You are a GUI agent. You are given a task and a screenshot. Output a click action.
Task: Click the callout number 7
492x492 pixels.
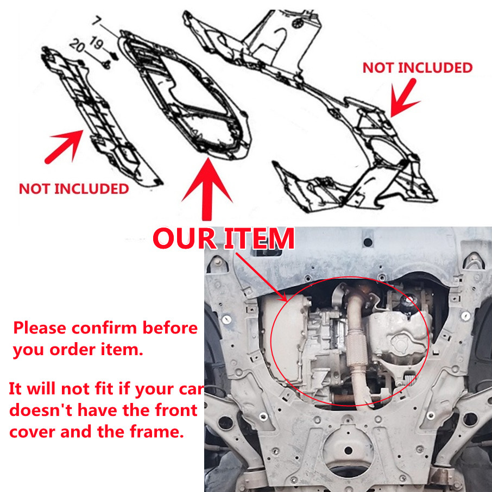tap(97, 21)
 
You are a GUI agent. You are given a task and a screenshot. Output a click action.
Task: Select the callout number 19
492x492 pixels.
tap(96, 43)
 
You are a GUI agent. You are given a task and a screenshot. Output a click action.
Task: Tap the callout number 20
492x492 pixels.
tap(77, 46)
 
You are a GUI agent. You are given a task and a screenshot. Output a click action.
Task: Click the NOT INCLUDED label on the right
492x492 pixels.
tap(417, 68)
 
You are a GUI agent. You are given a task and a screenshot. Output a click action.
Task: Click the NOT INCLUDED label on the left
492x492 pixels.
tap(74, 189)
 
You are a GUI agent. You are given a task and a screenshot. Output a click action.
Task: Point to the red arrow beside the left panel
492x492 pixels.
tap(64, 147)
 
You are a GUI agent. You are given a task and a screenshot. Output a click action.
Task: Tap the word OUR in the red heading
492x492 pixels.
tap(185, 238)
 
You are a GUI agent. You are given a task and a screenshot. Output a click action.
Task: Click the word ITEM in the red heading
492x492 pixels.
tap(259, 238)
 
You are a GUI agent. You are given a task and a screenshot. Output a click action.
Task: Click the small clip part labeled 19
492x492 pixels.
tap(115, 56)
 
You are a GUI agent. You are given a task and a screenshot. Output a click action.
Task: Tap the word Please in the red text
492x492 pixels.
tap(40, 328)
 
